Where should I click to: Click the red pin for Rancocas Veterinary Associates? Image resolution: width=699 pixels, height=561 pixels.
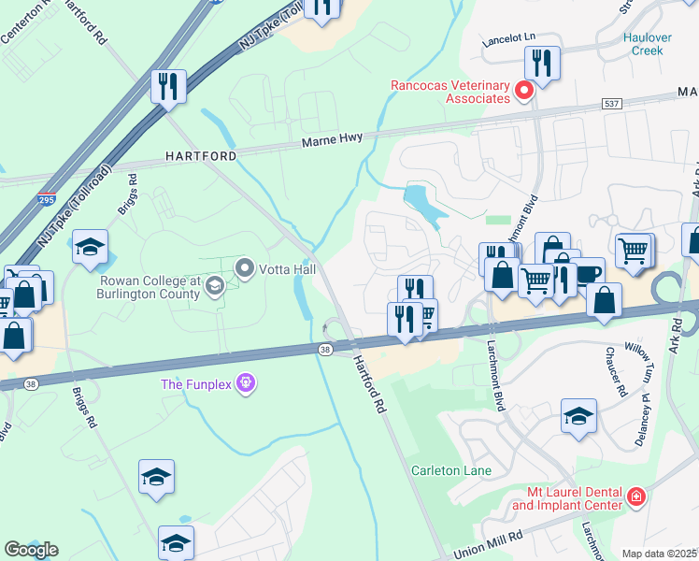pos(524,92)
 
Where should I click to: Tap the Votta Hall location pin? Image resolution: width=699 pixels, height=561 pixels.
pos(246,269)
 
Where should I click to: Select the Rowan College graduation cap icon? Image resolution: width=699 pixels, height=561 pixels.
pos(214,286)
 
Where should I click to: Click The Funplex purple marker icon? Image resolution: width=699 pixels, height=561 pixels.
pos(246,383)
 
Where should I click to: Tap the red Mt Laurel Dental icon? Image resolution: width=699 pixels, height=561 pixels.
pos(636,496)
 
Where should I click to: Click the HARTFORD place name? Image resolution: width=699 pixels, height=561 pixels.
pos(201,155)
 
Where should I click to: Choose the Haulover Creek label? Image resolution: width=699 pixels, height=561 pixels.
pos(644,44)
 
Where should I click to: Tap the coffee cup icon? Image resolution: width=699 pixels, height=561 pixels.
pos(588,274)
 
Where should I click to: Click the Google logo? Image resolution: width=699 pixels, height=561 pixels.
pos(31,549)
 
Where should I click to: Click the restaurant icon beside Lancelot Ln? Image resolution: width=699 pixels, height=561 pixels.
pos(542,63)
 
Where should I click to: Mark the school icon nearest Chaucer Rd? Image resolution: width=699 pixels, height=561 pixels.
pos(578,415)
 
